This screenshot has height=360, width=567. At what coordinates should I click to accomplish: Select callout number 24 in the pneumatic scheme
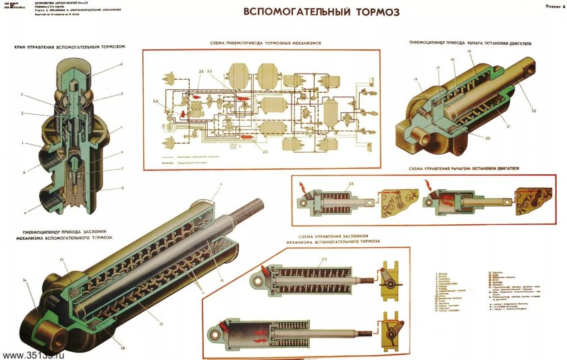point(156,102)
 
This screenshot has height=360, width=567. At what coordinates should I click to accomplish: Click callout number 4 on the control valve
point(121,65)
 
